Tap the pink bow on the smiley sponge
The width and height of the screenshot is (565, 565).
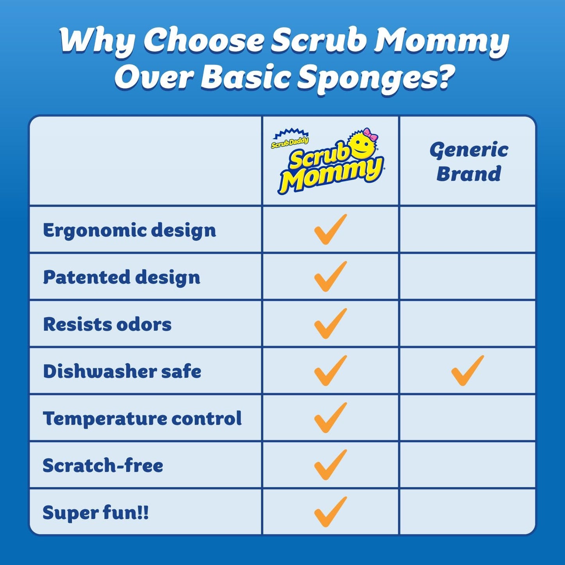click(x=370, y=135)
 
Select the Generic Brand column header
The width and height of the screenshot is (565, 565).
click(x=468, y=161)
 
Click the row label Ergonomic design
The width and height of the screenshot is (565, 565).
click(x=129, y=230)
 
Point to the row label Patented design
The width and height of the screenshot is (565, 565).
click(x=122, y=277)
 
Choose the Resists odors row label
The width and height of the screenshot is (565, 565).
click(x=107, y=324)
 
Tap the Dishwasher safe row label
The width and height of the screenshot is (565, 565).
click(x=122, y=371)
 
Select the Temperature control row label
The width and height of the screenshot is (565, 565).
click(x=142, y=418)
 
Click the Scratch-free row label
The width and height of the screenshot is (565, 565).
click(x=103, y=465)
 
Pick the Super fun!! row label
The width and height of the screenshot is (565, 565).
click(x=96, y=513)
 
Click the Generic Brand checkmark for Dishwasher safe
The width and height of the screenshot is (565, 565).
click(x=467, y=371)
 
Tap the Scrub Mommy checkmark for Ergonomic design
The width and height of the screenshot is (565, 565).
click(x=330, y=230)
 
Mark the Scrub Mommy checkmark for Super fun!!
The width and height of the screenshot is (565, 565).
click(x=330, y=512)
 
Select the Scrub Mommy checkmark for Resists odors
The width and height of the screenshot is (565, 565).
click(x=330, y=324)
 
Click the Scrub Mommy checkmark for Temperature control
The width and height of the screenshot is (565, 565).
click(x=330, y=418)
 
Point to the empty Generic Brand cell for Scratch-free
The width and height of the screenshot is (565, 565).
click(x=468, y=465)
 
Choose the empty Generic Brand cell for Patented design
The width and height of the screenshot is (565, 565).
click(x=468, y=277)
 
